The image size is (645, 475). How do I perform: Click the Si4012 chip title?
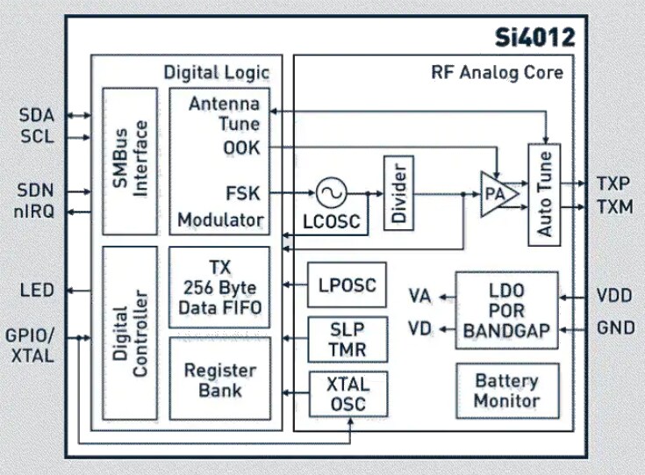(x=534, y=39)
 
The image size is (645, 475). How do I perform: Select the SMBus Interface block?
(x=129, y=161)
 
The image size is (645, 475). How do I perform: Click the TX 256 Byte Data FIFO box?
(x=219, y=285)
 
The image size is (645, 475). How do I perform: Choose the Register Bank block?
(x=219, y=378)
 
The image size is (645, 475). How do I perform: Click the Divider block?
(x=398, y=193)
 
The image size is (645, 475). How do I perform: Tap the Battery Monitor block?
(x=506, y=391)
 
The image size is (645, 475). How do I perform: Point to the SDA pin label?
(x=36, y=116)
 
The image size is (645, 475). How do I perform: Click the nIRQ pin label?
(x=34, y=212)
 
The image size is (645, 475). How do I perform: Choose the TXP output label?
(x=613, y=184)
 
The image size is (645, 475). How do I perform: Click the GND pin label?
(x=613, y=331)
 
